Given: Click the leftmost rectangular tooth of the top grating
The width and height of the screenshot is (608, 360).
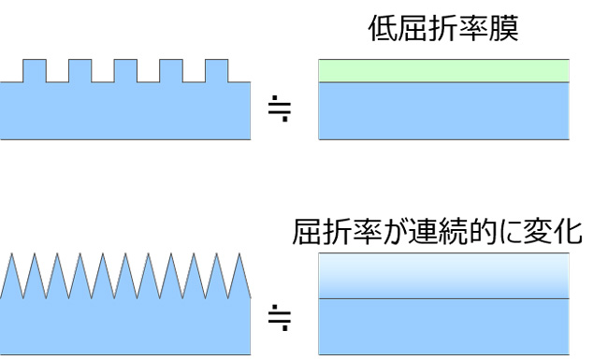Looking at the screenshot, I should pyautogui.click(x=35, y=71).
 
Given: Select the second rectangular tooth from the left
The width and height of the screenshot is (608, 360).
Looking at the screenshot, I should pyautogui.click(x=80, y=71).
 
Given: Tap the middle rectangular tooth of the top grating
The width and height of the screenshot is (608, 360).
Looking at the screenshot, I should pyautogui.click(x=125, y=71).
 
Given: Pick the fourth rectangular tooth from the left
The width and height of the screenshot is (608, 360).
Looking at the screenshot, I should pyautogui.click(x=171, y=71).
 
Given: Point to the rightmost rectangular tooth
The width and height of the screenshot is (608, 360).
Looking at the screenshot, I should pyautogui.click(x=216, y=71).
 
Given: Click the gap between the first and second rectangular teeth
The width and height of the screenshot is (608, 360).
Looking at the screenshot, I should pyautogui.click(x=57, y=77).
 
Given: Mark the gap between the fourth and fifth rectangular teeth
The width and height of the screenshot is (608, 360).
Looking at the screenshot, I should pyautogui.click(x=194, y=77).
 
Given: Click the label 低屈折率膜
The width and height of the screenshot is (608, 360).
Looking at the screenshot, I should pyautogui.click(x=442, y=32).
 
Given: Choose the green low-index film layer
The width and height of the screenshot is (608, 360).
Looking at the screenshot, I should pyautogui.click(x=442, y=71).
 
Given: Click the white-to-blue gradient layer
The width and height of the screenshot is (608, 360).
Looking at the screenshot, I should pyautogui.click(x=442, y=276).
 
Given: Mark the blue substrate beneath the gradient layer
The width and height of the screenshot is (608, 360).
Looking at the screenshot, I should pyautogui.click(x=442, y=325).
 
